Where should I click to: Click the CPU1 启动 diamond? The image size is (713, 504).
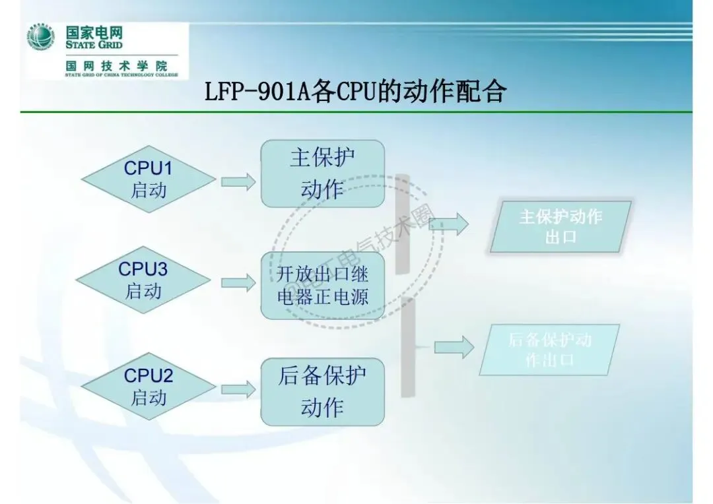(x=148, y=179)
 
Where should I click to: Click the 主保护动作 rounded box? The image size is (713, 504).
(x=322, y=173)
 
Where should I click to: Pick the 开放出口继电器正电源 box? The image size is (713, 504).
(x=322, y=285)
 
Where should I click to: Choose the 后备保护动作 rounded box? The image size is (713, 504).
(x=322, y=392)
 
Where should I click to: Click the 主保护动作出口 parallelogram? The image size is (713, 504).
(x=560, y=226)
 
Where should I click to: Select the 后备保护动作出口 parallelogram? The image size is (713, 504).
(x=549, y=350)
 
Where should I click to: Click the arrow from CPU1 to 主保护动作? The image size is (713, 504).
(x=238, y=182)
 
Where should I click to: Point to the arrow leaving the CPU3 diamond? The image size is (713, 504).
(x=238, y=283)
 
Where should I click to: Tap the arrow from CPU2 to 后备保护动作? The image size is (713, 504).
(x=238, y=389)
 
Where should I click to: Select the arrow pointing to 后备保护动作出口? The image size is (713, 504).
(x=454, y=347)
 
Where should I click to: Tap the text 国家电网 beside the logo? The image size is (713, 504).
(x=94, y=32)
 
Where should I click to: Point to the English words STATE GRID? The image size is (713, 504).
(x=94, y=45)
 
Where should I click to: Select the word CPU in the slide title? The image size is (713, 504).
(x=356, y=92)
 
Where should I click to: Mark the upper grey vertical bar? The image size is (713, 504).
(x=403, y=224)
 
